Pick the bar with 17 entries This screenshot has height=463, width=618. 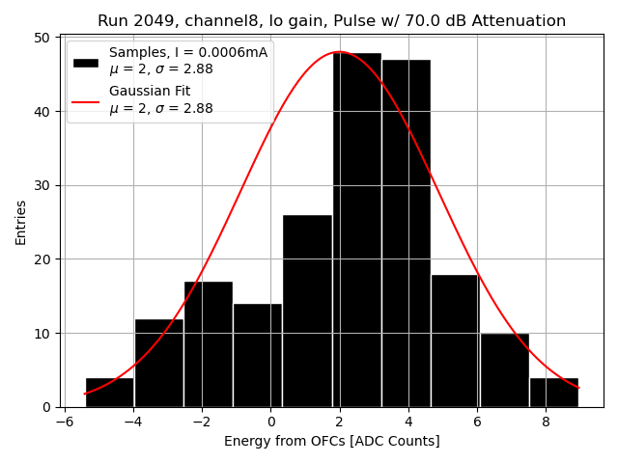click(x=208, y=344)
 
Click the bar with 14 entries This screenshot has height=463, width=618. click(x=257, y=355)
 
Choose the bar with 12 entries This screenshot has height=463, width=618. click(x=158, y=363)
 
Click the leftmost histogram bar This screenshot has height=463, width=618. click(x=109, y=393)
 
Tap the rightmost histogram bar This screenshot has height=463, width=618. click(x=553, y=393)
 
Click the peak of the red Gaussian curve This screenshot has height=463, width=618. click(x=339, y=52)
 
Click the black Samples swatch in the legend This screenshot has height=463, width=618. click(x=86, y=62)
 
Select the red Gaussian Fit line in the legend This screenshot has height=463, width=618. click(x=86, y=100)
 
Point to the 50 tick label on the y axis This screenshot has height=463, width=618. click(x=42, y=38)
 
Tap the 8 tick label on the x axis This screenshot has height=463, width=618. click(x=546, y=422)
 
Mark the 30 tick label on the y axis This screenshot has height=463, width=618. click(x=42, y=185)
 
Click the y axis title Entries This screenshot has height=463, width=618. click(x=21, y=222)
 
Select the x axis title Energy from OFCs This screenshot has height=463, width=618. click(x=331, y=441)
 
